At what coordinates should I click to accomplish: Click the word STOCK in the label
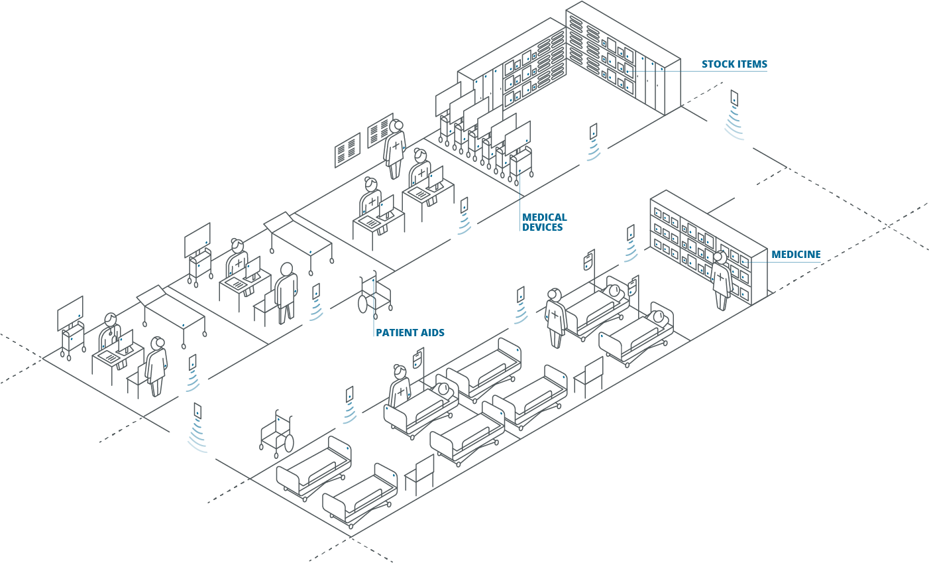[x=718, y=64]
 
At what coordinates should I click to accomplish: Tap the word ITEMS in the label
[x=751, y=64]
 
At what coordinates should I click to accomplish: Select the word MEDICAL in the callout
[x=544, y=218]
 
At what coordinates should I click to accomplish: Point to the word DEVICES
[x=542, y=227]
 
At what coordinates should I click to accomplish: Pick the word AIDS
[x=432, y=332]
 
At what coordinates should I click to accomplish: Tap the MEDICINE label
[x=796, y=255]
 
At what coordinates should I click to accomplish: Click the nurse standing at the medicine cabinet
[x=720, y=281]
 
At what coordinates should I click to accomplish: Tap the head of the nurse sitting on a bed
[x=399, y=370]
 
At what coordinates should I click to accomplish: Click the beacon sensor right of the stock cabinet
[x=734, y=98]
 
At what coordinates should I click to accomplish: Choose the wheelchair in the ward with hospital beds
[x=277, y=434]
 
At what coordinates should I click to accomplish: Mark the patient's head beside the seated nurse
[x=444, y=389]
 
